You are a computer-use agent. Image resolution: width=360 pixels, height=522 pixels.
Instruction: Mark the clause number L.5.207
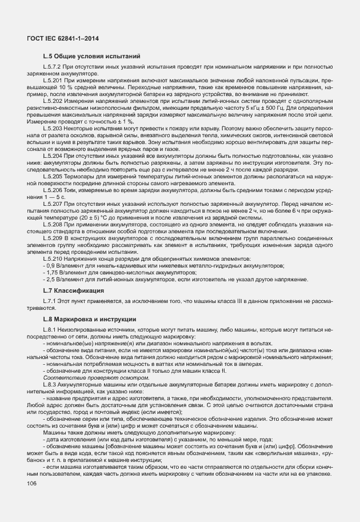(x=53, y=204)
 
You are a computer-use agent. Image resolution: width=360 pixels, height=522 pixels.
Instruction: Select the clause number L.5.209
(x=53, y=238)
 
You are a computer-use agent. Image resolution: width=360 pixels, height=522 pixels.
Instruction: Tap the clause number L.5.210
(x=53, y=258)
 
